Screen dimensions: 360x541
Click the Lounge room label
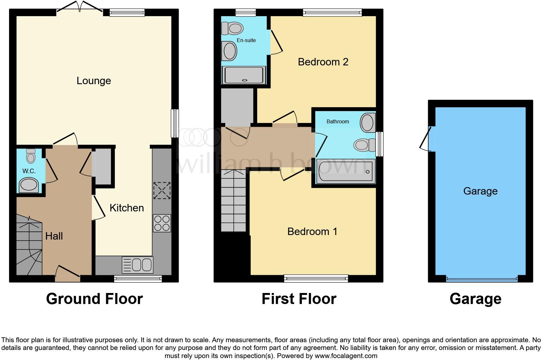(94, 81)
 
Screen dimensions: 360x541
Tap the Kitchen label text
(127, 208)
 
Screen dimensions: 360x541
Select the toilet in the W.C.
(31, 156)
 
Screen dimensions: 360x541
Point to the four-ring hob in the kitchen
(162, 223)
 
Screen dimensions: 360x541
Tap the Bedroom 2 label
(323, 62)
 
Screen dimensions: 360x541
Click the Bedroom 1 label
(312, 231)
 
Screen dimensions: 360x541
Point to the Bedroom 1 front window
(316, 278)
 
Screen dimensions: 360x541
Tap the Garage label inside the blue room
(480, 191)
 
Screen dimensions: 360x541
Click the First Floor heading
(299, 299)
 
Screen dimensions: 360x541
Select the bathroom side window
(380, 144)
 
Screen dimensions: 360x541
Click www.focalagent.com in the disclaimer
(346, 356)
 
